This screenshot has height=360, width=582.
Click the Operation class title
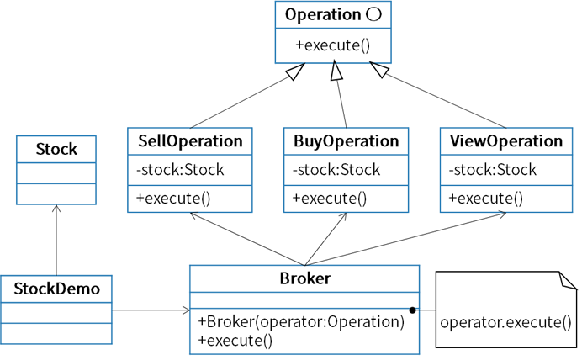(323, 15)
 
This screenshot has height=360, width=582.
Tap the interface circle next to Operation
(373, 14)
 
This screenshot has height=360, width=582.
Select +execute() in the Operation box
(332, 45)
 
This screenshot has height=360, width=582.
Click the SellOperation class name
(190, 141)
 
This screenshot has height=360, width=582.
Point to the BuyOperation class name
(346, 141)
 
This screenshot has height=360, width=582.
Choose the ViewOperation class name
(506, 141)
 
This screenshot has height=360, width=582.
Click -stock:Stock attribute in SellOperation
(180, 170)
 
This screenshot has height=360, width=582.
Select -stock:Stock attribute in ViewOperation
(493, 170)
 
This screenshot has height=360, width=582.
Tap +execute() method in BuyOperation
(330, 199)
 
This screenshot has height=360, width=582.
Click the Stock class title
(56, 149)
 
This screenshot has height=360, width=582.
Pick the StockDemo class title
(57, 289)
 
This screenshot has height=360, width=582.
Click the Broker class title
(304, 278)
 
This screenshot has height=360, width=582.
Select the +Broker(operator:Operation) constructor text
(301, 321)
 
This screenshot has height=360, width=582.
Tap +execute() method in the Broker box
(235, 341)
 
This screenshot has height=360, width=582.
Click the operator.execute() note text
(505, 322)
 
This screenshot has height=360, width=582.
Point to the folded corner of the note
(568, 281)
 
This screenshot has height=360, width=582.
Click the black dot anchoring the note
(412, 310)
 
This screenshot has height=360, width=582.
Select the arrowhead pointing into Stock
(56, 209)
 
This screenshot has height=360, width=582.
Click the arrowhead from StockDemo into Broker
(186, 310)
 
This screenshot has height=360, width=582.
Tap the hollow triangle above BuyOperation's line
(336, 71)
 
